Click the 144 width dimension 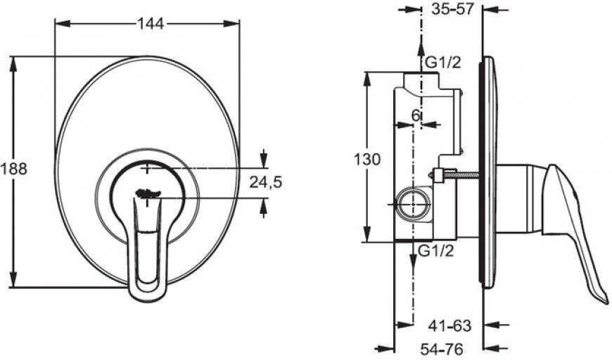point(151,24)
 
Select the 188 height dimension point(13,169)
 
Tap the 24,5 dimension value point(266,182)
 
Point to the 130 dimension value point(367,159)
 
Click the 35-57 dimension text point(452,8)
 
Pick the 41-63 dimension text point(450,326)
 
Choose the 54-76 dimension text point(442,347)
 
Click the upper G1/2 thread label point(442,63)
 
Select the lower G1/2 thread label point(436,251)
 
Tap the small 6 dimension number point(416,115)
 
